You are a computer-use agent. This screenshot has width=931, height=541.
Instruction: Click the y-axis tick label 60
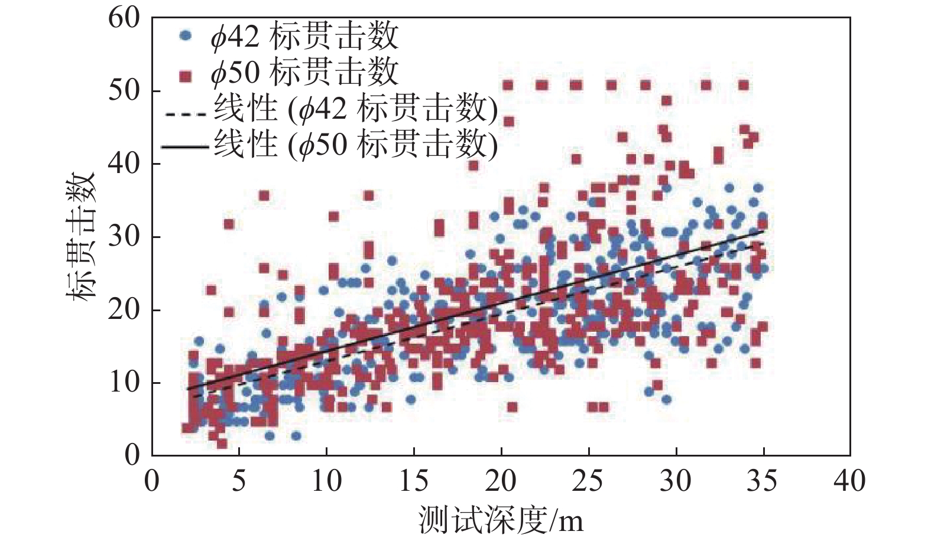[124, 19]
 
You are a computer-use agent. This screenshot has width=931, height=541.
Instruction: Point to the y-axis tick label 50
[124, 91]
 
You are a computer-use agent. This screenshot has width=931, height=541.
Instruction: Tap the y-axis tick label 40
[124, 164]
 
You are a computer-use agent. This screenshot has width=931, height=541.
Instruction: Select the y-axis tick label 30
[124, 237]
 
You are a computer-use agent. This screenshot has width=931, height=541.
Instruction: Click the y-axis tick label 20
[124, 310]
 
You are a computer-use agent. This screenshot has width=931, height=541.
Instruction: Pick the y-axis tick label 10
[124, 383]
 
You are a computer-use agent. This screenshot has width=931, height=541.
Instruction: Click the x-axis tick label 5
[239, 482]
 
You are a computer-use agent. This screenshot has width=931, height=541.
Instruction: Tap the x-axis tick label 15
[413, 482]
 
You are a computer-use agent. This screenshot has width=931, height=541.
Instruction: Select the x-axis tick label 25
[588, 482]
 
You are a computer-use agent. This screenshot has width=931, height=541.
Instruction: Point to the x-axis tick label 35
[763, 482]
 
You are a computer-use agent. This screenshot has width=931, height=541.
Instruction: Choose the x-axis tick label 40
[849, 482]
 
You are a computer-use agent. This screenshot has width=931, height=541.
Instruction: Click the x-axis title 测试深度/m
[501, 520]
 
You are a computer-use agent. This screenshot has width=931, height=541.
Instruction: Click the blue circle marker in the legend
[186, 36]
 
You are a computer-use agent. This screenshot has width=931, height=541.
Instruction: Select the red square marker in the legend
[186, 75]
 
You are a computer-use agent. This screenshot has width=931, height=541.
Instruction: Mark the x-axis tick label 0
[152, 482]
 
